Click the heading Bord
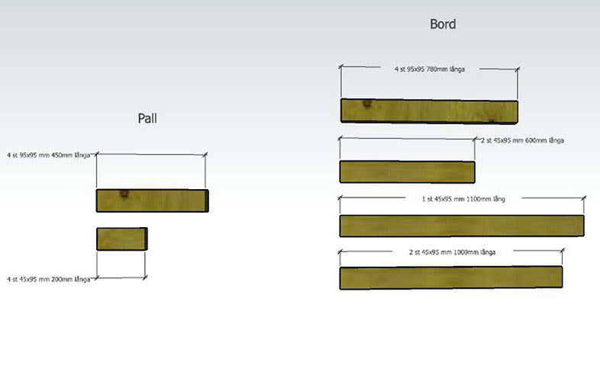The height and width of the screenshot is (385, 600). (x=443, y=24)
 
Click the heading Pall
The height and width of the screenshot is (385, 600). (x=147, y=118)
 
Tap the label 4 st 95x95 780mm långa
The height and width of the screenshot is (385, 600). (x=429, y=69)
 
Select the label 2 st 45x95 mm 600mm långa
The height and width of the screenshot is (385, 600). (x=522, y=140)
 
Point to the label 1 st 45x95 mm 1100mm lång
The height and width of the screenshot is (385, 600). (x=463, y=199)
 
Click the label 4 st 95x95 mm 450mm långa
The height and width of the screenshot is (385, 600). (x=48, y=156)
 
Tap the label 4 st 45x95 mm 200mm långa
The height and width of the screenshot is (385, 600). (x=48, y=279)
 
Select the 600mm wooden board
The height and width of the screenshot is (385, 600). (x=407, y=172)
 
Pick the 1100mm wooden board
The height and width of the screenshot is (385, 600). (x=461, y=226)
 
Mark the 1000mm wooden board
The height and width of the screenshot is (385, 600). (x=450, y=278)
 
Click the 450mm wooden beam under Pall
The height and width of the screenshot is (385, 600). (x=150, y=201)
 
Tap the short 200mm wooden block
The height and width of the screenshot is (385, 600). (x=121, y=239)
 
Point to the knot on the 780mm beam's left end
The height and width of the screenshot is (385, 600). (x=367, y=104)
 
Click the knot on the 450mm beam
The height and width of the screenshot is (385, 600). (x=123, y=194)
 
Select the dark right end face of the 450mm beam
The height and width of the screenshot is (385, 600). (x=206, y=201)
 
